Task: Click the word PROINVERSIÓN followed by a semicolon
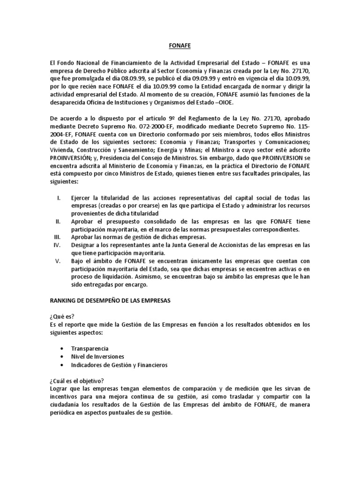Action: click(71, 159)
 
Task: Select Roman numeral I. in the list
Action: click(60, 198)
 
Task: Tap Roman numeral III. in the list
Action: click(58, 238)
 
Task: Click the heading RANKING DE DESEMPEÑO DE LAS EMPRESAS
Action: click(110, 301)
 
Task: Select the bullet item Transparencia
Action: click(90, 349)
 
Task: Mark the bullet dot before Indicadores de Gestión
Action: click(62, 365)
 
